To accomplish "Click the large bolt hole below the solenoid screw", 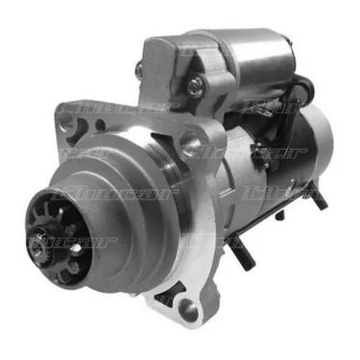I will click(192, 145).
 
